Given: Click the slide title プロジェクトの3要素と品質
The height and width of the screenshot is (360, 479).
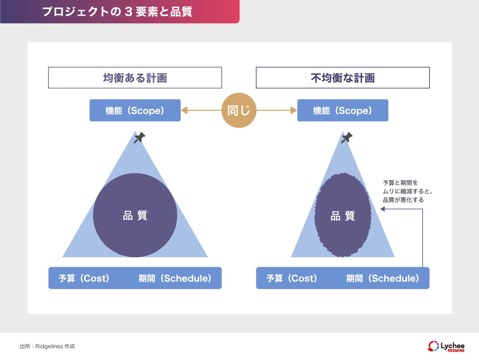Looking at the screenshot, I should (117, 12).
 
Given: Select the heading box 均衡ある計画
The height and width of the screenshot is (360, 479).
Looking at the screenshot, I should (135, 78).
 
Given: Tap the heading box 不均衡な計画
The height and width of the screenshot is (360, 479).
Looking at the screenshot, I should (343, 78).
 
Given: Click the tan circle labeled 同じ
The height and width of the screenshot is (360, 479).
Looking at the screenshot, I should (239, 110).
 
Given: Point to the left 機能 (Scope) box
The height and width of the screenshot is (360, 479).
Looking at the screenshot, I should (135, 110).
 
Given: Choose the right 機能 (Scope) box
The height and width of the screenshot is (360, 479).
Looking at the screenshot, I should (343, 110).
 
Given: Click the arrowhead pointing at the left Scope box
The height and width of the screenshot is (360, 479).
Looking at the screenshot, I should (184, 110).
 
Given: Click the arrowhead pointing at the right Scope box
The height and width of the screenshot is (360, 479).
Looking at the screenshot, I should (293, 110).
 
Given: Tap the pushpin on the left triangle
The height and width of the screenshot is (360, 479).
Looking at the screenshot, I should (139, 137).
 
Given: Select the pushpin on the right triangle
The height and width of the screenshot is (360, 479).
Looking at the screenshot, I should (347, 137).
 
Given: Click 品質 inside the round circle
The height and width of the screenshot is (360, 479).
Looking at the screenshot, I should (135, 215).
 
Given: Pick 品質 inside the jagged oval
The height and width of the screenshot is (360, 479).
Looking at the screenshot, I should (343, 216).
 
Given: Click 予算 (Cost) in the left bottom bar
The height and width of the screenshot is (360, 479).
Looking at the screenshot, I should (84, 278).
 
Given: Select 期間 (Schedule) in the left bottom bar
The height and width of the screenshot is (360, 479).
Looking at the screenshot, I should (175, 278).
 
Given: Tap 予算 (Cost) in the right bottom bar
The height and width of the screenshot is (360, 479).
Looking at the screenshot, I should (291, 278).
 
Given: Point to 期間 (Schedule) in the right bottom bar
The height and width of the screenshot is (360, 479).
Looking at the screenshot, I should (383, 278).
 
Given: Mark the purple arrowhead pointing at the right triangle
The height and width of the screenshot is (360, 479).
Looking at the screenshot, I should (383, 209).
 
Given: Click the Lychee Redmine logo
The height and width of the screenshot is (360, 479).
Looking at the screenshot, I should (446, 346).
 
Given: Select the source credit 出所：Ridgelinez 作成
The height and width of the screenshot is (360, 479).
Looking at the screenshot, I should (47, 346).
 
